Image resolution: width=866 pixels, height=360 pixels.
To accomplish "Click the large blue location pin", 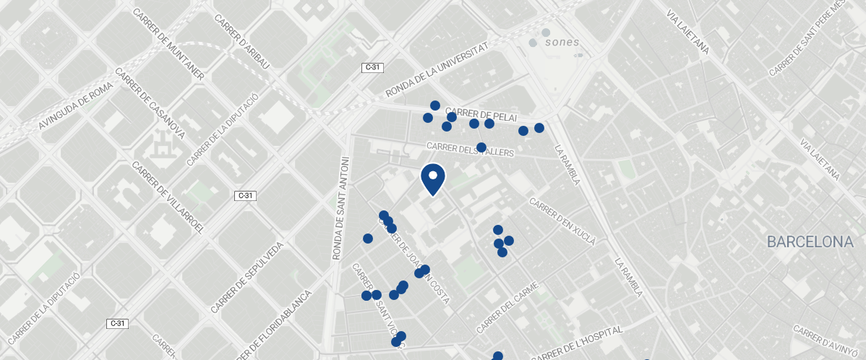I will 432,179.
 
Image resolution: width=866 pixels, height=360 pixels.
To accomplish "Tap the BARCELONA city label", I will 810,242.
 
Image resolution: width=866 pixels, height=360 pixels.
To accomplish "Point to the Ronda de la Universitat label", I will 437,69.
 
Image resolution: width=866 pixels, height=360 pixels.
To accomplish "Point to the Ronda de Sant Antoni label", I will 339,207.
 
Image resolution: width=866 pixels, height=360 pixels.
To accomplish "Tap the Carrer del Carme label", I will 508,307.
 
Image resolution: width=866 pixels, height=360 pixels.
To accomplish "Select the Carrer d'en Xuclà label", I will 562,221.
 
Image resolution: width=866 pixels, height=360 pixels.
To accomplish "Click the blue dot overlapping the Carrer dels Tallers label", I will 481,147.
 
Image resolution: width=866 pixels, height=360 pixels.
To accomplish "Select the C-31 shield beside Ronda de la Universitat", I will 372,67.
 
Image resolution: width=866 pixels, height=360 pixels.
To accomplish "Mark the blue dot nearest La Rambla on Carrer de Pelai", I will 539,128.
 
